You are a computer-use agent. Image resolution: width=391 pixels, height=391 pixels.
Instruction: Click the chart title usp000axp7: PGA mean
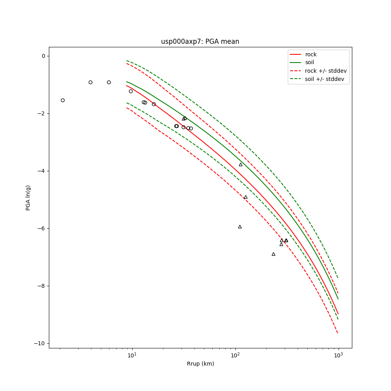200,41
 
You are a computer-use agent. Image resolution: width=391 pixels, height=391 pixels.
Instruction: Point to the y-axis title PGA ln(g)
28,198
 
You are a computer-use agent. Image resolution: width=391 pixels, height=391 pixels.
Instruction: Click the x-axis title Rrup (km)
200,364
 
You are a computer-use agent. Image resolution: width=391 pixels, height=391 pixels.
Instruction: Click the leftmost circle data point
63,100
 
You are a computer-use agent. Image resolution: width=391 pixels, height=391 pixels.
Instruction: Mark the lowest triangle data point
273,254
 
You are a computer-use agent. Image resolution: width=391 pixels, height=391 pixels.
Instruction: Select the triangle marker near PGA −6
240,227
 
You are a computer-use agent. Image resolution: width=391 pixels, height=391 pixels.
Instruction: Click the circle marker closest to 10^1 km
131,91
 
